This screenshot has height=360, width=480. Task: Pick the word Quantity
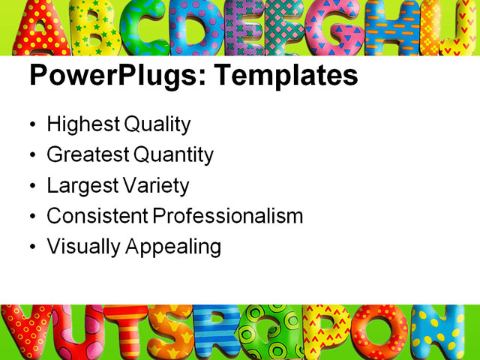pyautogui.click(x=173, y=155)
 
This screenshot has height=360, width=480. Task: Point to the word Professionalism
pyautogui.click(x=228, y=216)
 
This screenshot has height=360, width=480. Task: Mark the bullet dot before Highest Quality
pyautogui.click(x=31, y=125)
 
